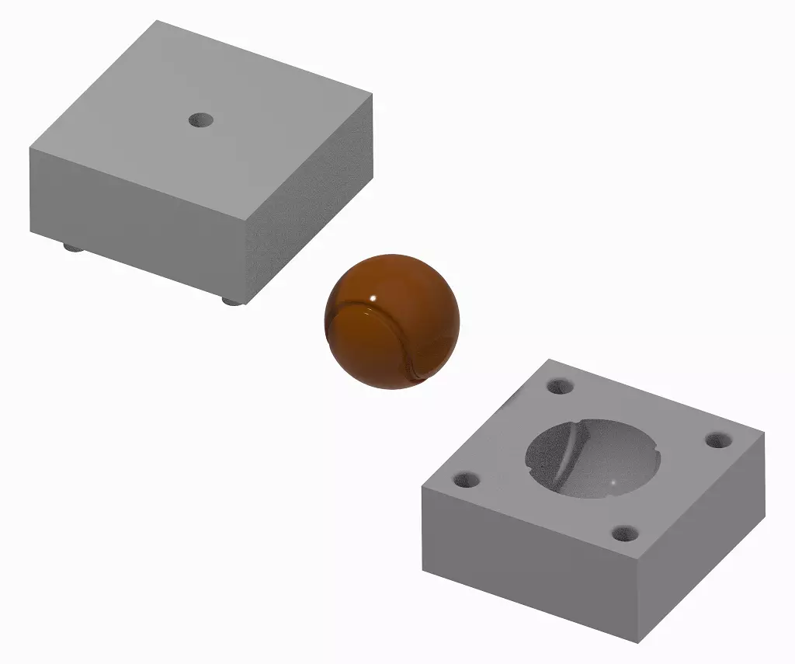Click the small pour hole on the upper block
click(x=201, y=120)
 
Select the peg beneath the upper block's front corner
click(x=230, y=300)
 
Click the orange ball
click(x=392, y=321)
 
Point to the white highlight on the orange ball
click(x=373, y=297)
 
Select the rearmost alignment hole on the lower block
click(x=559, y=386)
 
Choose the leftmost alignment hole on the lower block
click(x=467, y=480)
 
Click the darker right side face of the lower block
click(x=699, y=544)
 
